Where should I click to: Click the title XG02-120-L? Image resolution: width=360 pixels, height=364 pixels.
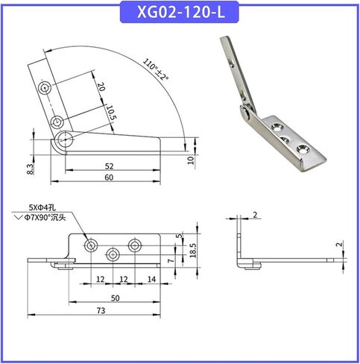tap(181, 12)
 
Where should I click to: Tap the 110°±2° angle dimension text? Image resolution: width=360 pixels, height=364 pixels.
tap(156, 69)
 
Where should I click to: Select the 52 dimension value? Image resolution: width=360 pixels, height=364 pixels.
tap(109, 166)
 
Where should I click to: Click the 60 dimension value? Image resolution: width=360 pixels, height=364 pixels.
tap(109, 178)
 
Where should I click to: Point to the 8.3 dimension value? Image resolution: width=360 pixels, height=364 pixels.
tap(31, 169)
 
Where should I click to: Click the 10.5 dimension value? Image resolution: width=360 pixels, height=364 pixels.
tap(110, 113)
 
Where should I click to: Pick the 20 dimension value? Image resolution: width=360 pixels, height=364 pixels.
tap(101, 87)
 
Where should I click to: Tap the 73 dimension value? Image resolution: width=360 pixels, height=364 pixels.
tap(101, 310)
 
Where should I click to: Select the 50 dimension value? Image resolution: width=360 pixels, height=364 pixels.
tap(116, 298)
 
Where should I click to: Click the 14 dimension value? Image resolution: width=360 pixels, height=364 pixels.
tap(151, 279)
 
